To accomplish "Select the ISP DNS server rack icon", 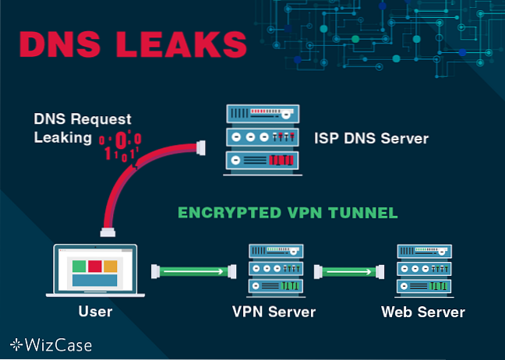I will (260, 139).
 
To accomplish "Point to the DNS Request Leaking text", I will (82, 128).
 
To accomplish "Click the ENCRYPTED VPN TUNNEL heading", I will (289, 212).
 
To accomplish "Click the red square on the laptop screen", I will (94, 266).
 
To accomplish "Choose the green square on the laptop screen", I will (79, 266).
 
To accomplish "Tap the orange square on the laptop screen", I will (111, 266).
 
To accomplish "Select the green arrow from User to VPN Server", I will (194, 271).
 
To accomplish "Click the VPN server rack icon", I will (274, 270).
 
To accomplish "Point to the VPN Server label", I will (274, 312).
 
